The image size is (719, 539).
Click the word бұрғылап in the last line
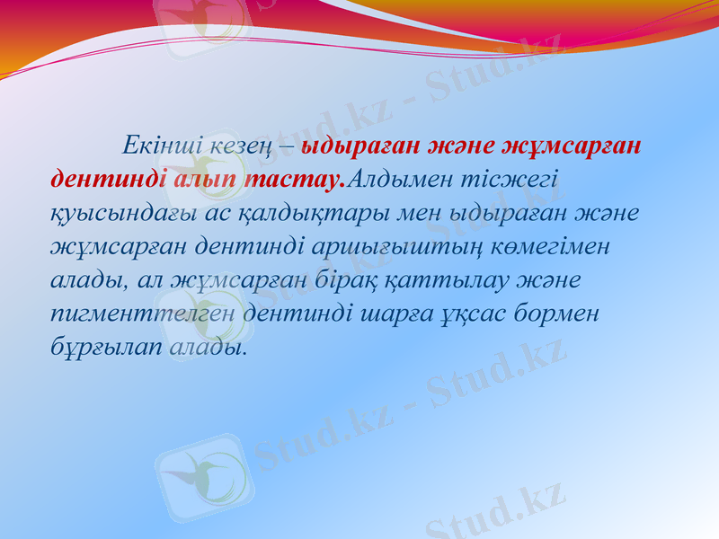coord(105,346)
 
